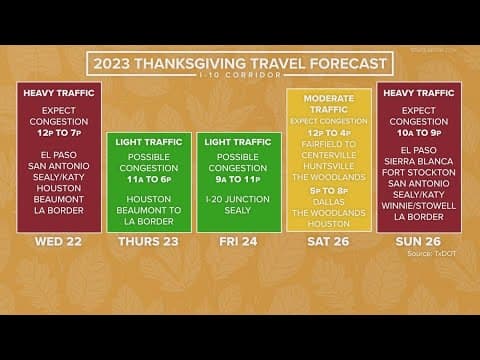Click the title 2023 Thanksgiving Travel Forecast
click(x=239, y=63)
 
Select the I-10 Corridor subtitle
click(x=239, y=76)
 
